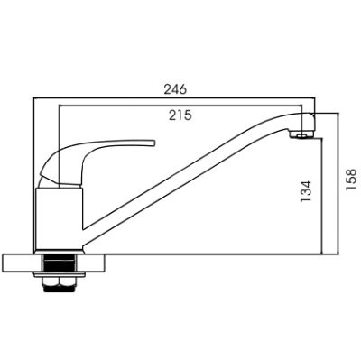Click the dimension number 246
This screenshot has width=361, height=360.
[x=175, y=89]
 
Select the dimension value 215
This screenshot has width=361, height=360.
[x=180, y=115]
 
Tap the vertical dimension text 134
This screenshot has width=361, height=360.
[x=305, y=191]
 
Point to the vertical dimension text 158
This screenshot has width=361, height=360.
[x=351, y=180]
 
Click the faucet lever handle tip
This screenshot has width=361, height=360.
[x=154, y=143]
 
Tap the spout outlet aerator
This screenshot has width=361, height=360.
[x=301, y=136]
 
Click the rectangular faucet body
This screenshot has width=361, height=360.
[x=59, y=219]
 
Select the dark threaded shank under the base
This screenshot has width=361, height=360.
[x=60, y=263]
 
